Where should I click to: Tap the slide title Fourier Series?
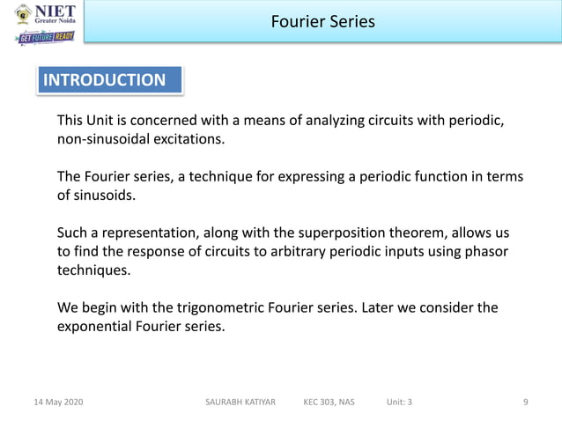322,21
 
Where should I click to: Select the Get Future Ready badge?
45,38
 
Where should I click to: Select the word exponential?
97,326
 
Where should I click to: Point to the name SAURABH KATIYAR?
240,403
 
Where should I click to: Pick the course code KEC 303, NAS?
329,403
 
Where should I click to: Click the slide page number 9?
526,403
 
